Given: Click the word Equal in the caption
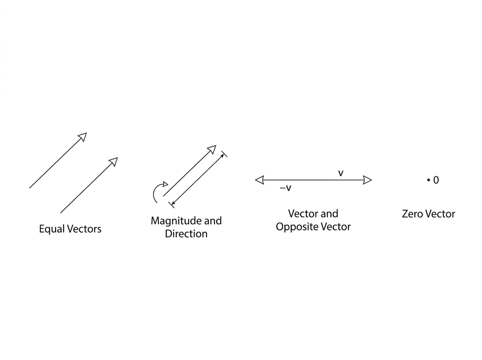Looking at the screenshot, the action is pyautogui.click(x=52, y=229).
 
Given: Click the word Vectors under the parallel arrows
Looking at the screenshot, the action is pyautogui.click(x=84, y=229).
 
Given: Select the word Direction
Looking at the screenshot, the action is pyautogui.click(x=186, y=234).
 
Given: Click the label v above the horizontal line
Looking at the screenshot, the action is pyautogui.click(x=341, y=173).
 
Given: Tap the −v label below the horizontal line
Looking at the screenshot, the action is pyautogui.click(x=286, y=188).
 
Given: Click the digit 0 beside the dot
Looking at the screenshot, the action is pyautogui.click(x=436, y=180).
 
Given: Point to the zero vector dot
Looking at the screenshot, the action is pyautogui.click(x=429, y=180).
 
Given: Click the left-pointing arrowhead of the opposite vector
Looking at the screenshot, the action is pyautogui.click(x=259, y=180).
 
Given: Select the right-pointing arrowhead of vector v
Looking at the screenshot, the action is pyautogui.click(x=368, y=180).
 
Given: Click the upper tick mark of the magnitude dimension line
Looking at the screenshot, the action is pyautogui.click(x=224, y=154).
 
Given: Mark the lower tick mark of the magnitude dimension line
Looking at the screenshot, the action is pyautogui.click(x=171, y=205).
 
